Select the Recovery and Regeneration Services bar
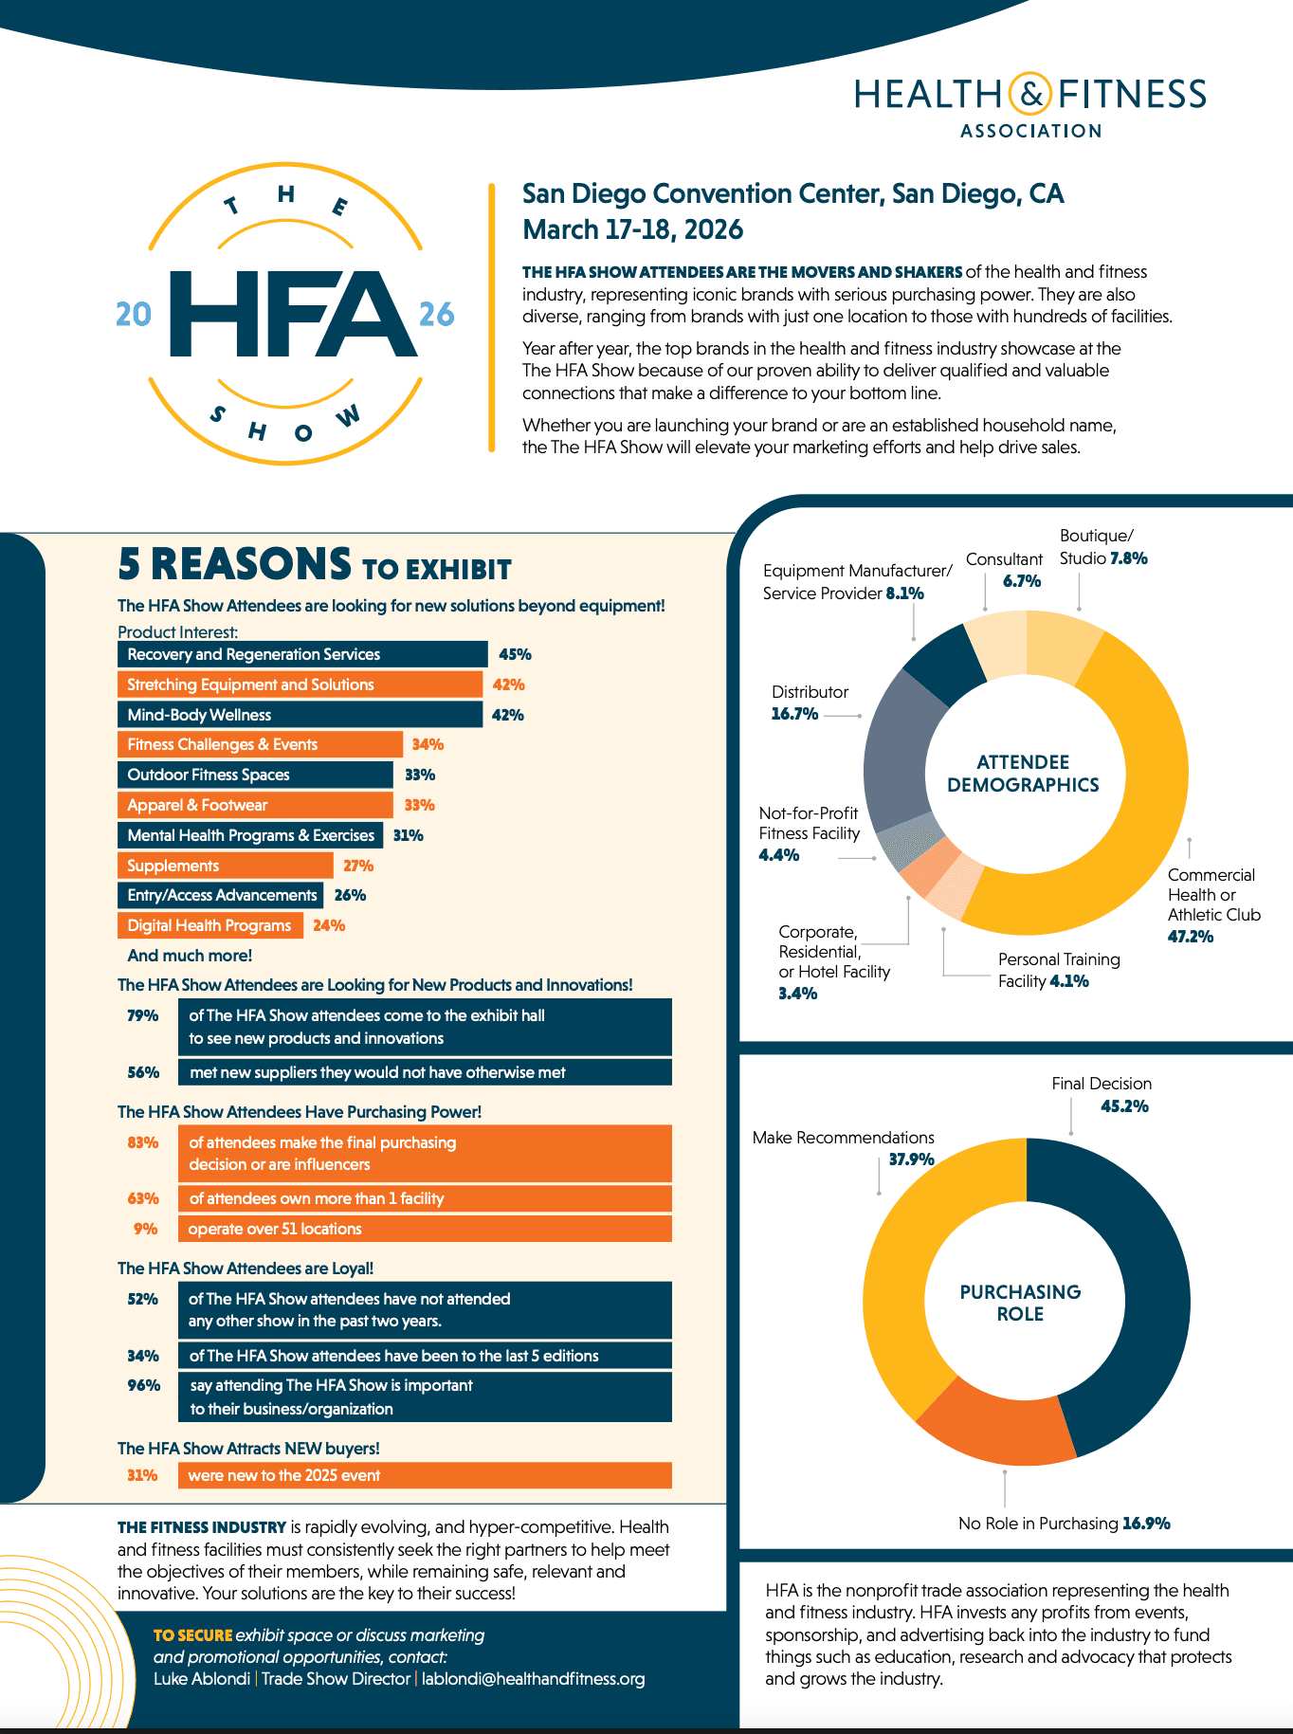point(301,654)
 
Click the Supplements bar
point(225,866)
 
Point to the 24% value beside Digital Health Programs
point(329,925)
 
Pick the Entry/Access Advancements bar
point(220,895)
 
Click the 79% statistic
point(143,1015)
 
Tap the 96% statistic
point(144,1385)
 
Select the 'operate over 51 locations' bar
point(424,1229)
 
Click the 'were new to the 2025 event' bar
point(424,1475)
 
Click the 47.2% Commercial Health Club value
point(1191,937)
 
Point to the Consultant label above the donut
point(1004,559)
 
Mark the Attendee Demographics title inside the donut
point(1023,774)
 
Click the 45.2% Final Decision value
point(1124,1106)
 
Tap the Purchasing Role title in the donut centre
point(1020,1303)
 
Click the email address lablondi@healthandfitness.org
point(533,1679)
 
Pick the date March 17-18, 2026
point(632,229)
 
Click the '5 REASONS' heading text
point(234,564)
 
